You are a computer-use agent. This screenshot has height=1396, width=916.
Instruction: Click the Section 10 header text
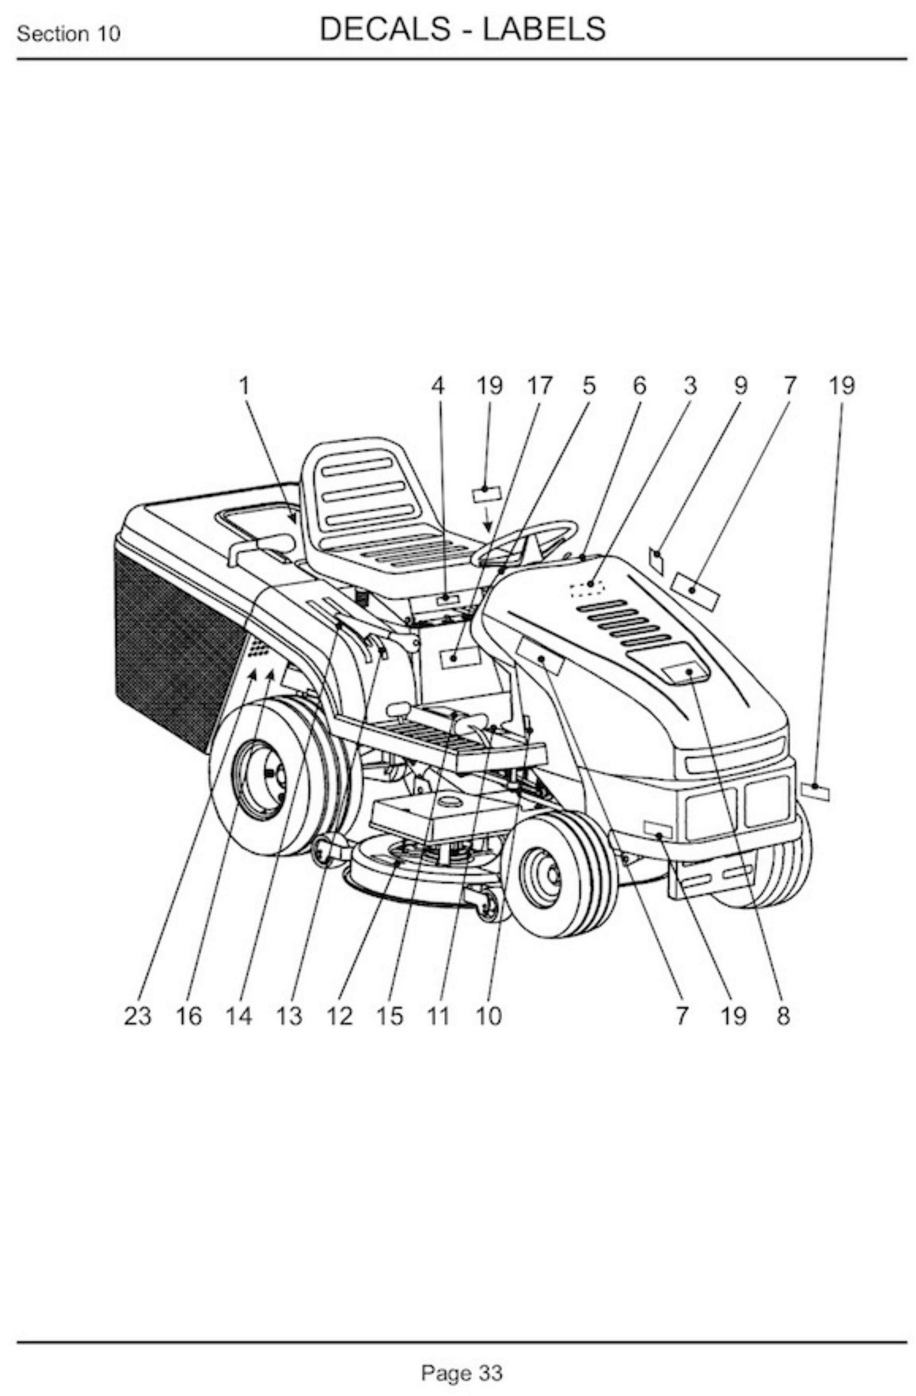69,34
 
